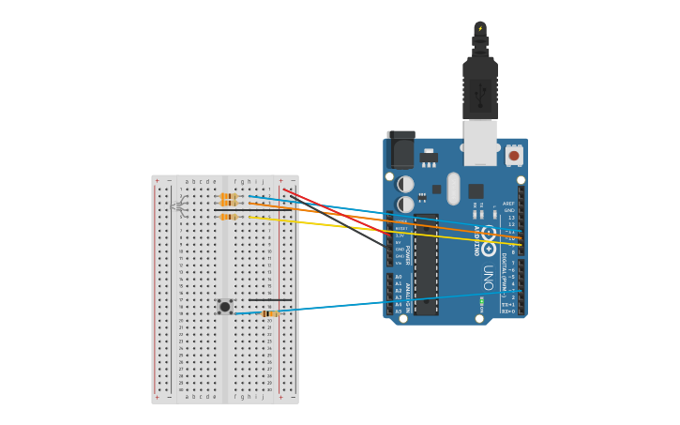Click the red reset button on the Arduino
[513, 155]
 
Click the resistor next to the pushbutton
[270, 313]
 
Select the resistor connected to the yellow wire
[228, 217]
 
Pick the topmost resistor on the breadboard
[228, 195]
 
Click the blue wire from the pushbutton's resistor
[394, 303]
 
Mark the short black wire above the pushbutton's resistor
[270, 300]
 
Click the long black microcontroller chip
[426, 265]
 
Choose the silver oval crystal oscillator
[454, 188]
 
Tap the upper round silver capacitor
[405, 185]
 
